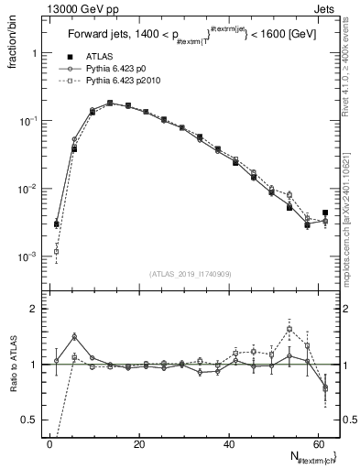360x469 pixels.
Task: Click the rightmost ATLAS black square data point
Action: pyautogui.click(x=325, y=213)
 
